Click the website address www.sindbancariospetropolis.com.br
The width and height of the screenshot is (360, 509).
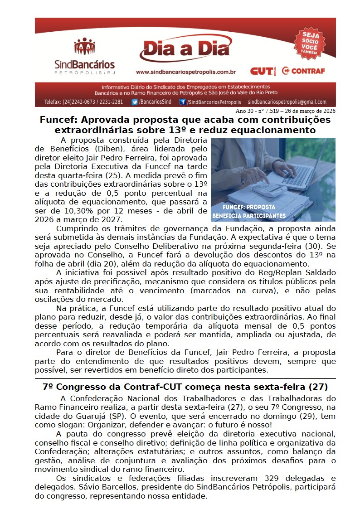185,72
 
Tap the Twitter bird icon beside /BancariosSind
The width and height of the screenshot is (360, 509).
134,102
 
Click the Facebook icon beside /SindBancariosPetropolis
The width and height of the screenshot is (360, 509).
183,102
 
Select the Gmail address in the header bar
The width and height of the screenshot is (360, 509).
287,102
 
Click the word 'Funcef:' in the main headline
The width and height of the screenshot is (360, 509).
57,120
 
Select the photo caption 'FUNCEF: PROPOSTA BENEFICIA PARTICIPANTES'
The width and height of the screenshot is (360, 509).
249,211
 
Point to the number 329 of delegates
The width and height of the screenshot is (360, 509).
267,478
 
